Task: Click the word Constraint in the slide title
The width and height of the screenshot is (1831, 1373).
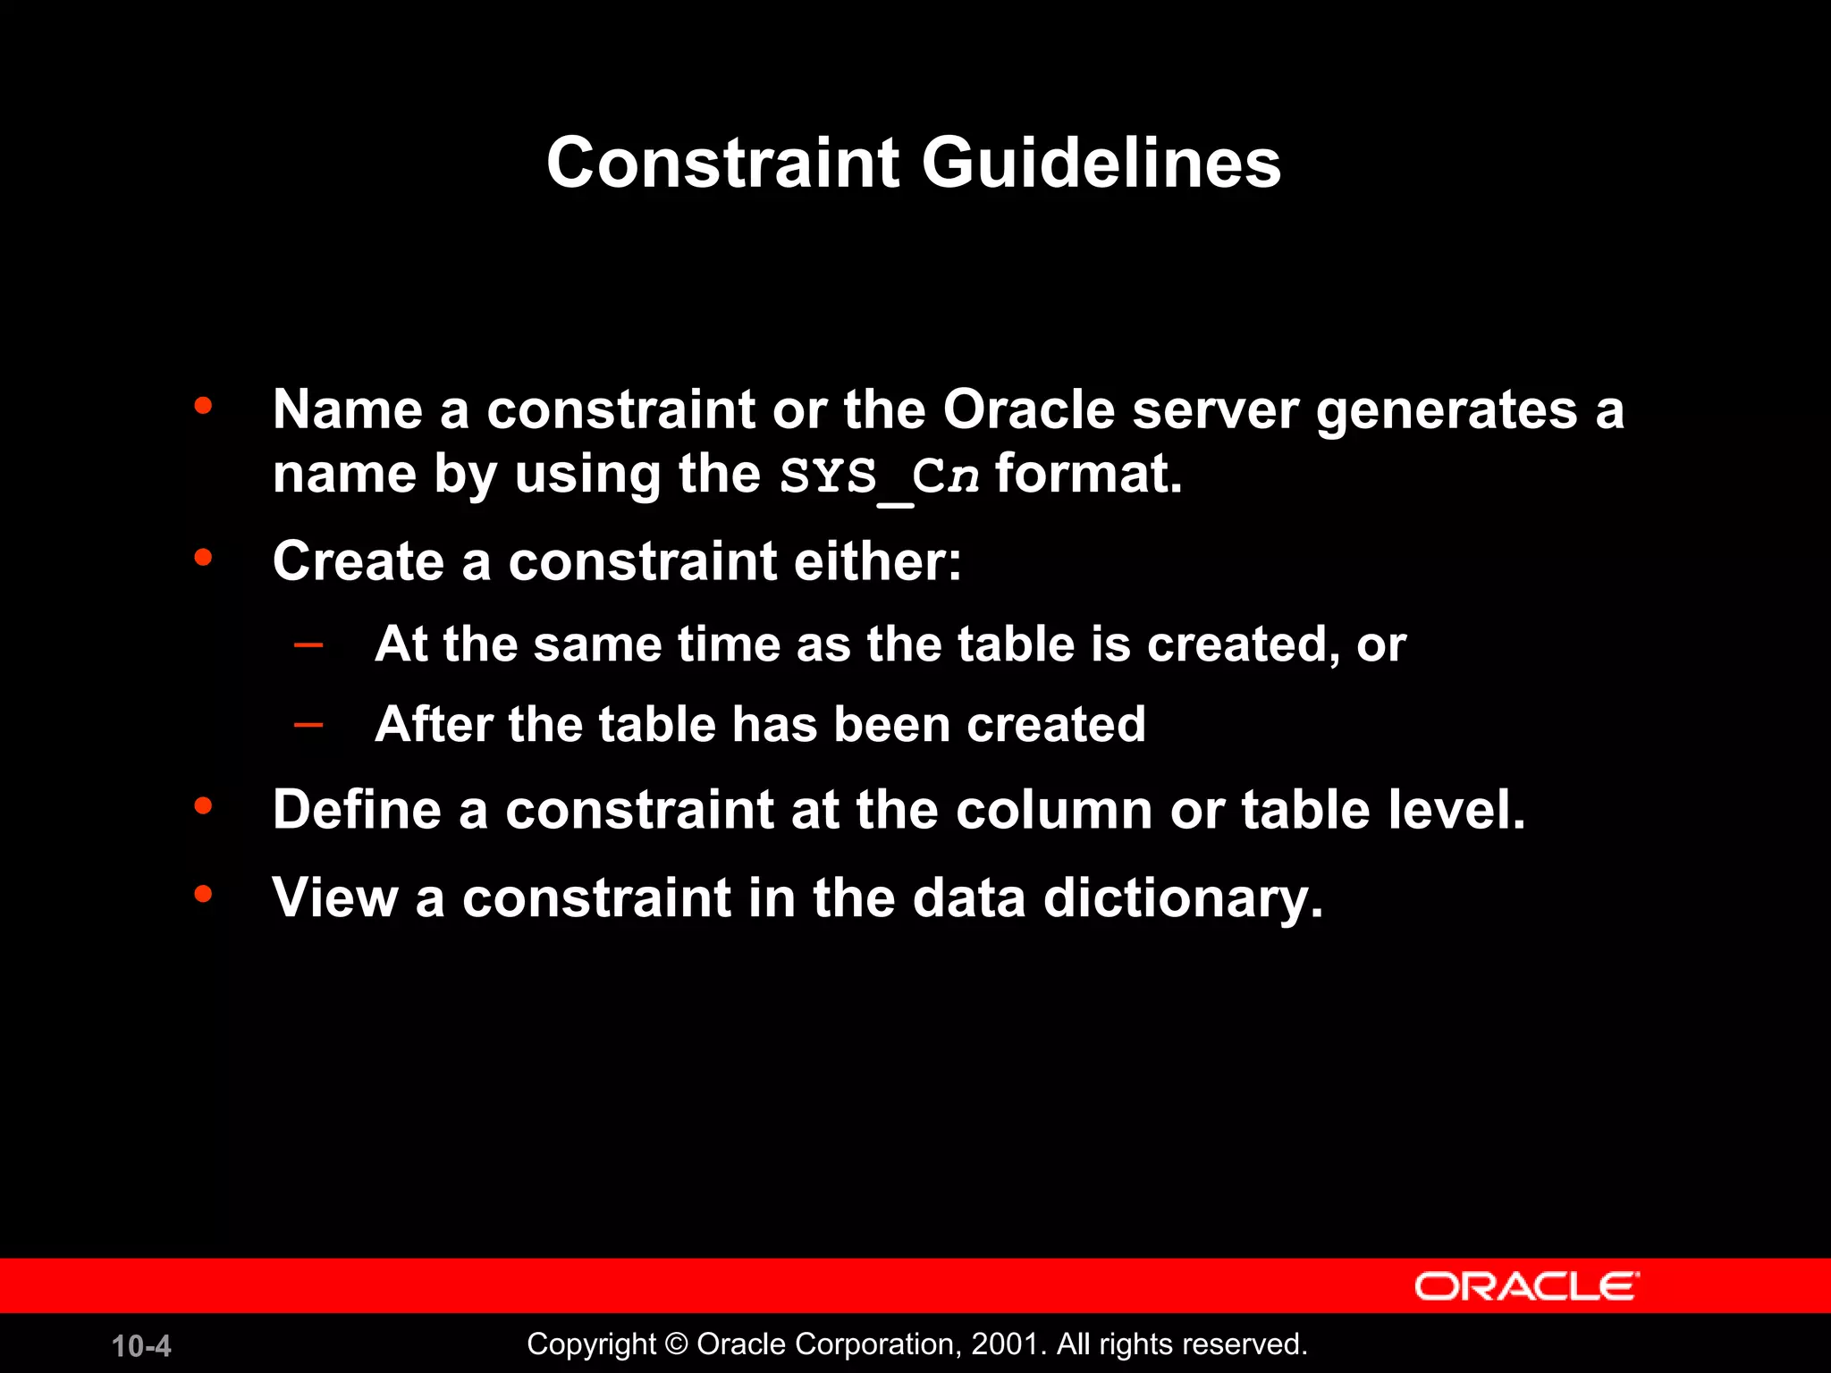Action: (722, 164)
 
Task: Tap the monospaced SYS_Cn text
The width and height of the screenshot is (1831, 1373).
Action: (879, 476)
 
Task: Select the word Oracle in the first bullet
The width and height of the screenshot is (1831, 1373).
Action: (1028, 410)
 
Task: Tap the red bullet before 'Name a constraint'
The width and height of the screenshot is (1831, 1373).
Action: (203, 406)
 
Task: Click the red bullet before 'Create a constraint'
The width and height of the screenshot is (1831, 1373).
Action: (203, 558)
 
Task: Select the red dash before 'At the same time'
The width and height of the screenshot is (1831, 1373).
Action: (308, 644)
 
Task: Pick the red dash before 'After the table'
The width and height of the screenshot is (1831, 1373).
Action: (308, 723)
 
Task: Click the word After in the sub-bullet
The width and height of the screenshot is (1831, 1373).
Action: (433, 723)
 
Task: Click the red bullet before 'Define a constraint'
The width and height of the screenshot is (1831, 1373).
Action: (203, 806)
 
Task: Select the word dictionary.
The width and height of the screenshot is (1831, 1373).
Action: (1182, 898)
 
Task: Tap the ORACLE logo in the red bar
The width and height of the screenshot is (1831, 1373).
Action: (1526, 1286)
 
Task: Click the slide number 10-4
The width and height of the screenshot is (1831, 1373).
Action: (141, 1346)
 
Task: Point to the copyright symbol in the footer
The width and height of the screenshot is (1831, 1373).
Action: (677, 1344)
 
